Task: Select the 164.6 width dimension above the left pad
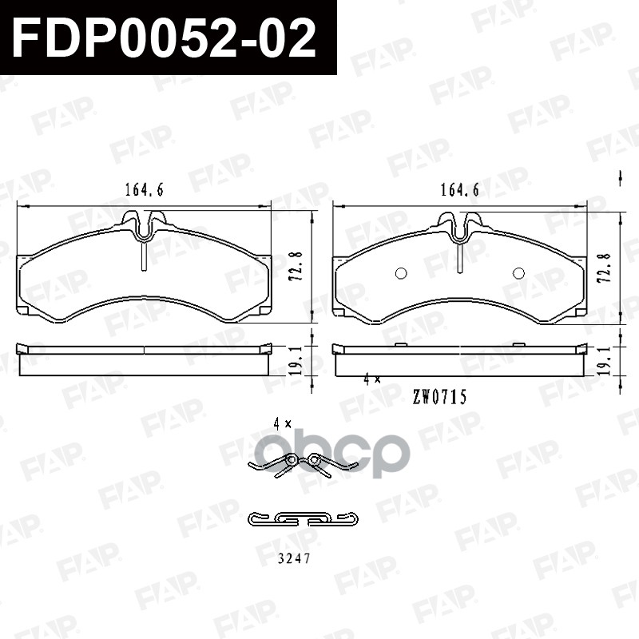(144, 190)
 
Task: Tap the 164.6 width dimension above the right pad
(459, 190)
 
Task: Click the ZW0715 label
(439, 395)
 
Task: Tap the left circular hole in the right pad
(402, 273)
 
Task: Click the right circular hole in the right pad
(518, 273)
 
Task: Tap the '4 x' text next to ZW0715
(371, 379)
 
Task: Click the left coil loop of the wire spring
(292, 459)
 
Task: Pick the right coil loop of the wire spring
(315, 459)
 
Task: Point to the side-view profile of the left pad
(144, 359)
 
